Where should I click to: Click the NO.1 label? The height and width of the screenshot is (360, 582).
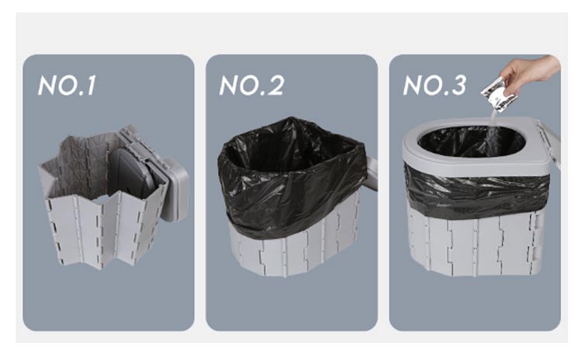67,85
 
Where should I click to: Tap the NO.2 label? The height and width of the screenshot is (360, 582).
251,85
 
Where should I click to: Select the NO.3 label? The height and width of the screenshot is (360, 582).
435,85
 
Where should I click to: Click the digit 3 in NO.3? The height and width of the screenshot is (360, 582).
459,85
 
